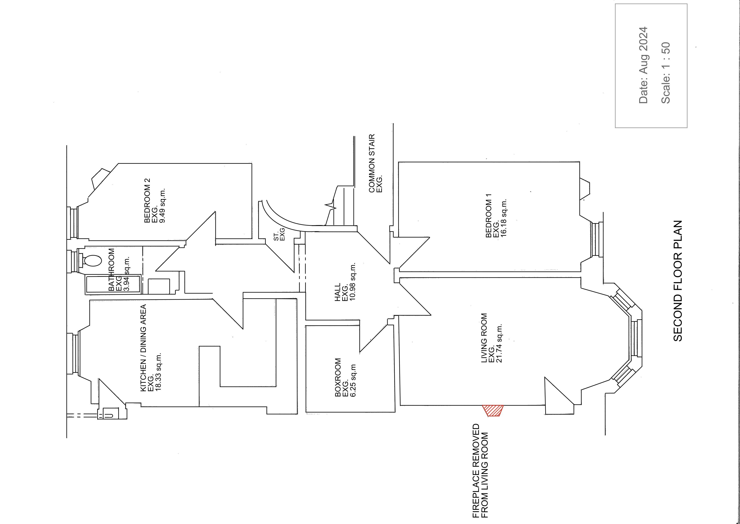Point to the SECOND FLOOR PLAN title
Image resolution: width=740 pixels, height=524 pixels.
coord(678,281)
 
